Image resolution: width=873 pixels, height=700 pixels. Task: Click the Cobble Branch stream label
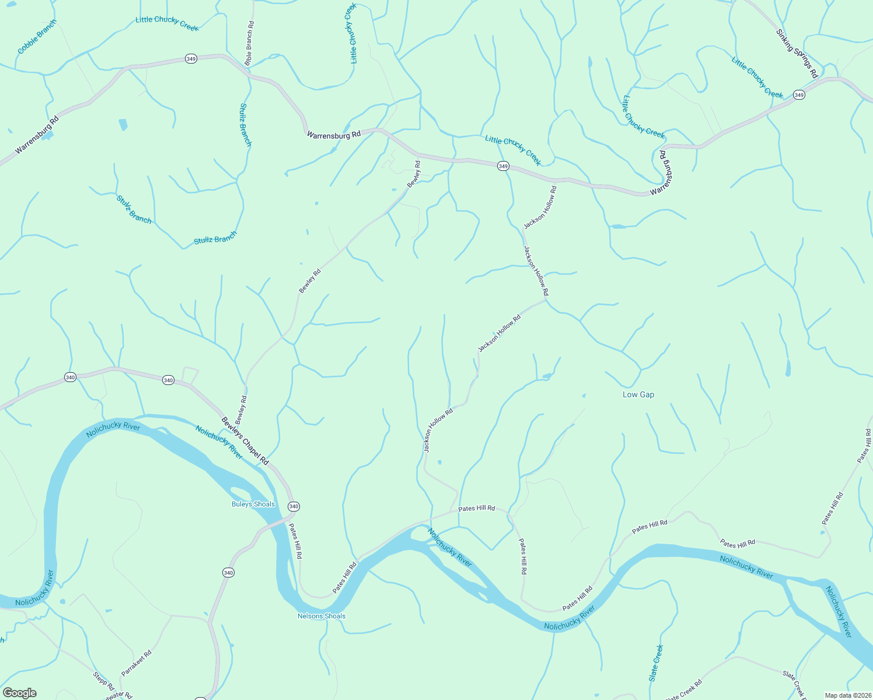point(37,37)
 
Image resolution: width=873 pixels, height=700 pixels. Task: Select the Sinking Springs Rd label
point(797,53)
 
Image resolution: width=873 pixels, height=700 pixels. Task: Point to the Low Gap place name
point(638,395)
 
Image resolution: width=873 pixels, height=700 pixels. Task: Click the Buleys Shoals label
point(253,505)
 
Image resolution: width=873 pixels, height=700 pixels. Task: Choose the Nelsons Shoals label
point(322,617)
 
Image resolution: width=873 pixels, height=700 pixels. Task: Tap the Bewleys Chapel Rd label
point(245,441)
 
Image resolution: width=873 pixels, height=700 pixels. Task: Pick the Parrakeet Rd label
point(137,663)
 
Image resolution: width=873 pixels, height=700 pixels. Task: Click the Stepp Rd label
point(103,680)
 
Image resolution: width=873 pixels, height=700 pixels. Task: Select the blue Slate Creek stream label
point(657,663)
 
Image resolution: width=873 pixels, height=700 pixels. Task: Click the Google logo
point(20,693)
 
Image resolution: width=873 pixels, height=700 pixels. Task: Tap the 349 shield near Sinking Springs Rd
point(799,95)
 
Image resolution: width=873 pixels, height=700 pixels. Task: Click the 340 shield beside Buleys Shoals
point(294,506)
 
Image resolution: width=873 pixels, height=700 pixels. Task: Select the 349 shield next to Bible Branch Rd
point(191,59)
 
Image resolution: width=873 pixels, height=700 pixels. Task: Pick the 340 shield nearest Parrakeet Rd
point(228,573)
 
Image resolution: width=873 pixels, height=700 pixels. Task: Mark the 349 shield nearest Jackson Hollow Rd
point(503,166)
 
